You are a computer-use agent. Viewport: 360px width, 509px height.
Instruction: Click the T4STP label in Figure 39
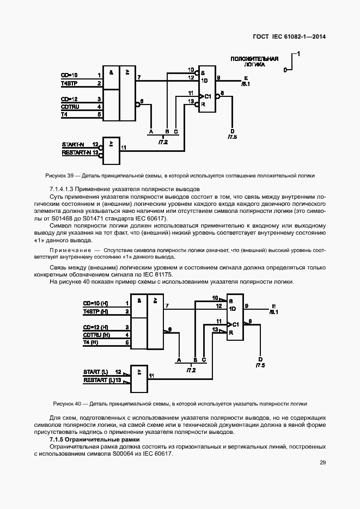point(69,83)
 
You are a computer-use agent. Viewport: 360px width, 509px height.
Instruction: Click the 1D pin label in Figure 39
point(205,80)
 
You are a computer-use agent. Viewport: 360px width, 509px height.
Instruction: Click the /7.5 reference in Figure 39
point(233,137)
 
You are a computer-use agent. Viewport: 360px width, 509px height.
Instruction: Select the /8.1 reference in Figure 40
point(273,313)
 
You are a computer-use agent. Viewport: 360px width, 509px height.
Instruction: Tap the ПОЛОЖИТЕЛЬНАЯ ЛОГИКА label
point(254,61)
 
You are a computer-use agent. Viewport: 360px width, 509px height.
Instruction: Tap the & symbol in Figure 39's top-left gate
point(111,71)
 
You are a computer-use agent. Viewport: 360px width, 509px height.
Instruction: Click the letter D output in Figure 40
point(260,359)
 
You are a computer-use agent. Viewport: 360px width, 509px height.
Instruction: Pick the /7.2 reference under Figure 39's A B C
point(163,142)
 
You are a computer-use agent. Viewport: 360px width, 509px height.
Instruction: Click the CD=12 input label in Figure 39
point(69,99)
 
